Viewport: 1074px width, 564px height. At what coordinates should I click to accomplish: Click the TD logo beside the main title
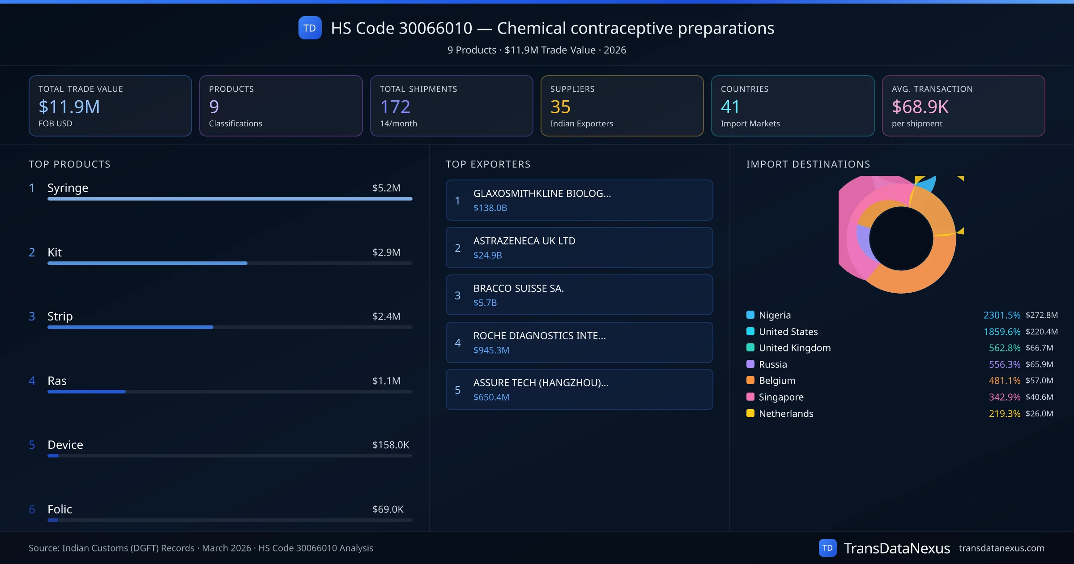coord(310,28)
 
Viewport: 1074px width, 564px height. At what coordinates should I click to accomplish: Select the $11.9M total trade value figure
coord(69,107)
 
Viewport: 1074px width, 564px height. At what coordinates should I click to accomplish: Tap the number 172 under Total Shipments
coord(395,107)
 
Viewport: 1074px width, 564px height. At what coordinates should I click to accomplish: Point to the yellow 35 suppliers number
coord(560,107)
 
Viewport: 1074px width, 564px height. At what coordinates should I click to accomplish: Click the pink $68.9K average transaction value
coord(920,107)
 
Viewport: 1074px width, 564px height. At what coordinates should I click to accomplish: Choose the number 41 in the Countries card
coord(730,107)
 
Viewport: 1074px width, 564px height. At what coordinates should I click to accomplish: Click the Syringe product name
coord(68,188)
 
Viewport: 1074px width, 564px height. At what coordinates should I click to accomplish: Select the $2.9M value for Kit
coord(386,252)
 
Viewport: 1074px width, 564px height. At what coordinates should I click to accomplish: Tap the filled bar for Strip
coord(130,327)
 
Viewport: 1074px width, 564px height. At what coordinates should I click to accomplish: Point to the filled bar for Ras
coord(86,392)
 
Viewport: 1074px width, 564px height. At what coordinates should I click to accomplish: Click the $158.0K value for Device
coord(390,445)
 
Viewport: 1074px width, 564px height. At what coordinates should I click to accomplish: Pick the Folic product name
coord(60,509)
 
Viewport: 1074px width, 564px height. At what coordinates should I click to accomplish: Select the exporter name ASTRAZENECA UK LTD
coord(524,241)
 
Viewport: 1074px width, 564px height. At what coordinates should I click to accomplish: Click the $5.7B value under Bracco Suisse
coord(485,303)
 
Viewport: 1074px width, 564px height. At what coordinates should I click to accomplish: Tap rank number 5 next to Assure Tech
coord(457,390)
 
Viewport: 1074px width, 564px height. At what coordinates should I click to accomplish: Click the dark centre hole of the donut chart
coord(901,239)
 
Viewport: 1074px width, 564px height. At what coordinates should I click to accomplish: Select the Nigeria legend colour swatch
coord(750,315)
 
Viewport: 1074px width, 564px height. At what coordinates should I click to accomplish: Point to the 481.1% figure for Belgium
coord(1004,380)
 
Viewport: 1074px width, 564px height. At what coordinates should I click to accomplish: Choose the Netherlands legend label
coord(786,414)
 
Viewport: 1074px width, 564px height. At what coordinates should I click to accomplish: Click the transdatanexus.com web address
coord(1001,548)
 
